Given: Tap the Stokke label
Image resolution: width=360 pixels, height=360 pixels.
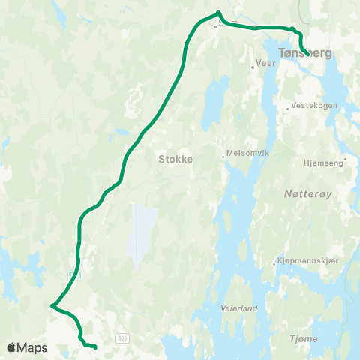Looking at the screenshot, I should pyautogui.click(x=175, y=159).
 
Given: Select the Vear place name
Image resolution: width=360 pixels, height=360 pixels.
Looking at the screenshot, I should pyautogui.click(x=266, y=64).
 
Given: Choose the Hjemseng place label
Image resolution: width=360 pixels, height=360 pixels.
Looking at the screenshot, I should pyautogui.click(x=322, y=160).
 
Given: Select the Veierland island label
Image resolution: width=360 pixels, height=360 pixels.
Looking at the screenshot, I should pyautogui.click(x=239, y=308).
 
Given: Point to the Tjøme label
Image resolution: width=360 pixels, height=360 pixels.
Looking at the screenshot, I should pyautogui.click(x=304, y=339).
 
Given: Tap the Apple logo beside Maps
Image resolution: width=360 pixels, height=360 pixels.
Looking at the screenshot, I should pyautogui.click(x=12, y=348).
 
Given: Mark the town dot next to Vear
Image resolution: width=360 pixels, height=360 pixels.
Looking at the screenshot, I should pyautogui.click(x=253, y=67).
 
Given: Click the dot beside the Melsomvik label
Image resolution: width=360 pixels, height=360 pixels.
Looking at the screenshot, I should pyautogui.click(x=223, y=157).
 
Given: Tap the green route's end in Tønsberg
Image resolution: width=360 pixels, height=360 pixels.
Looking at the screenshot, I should pyautogui.click(x=309, y=52).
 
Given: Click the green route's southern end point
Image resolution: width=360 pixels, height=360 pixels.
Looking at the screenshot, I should pyautogui.click(x=96, y=346).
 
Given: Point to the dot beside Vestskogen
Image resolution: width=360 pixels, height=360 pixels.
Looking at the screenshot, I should pyautogui.click(x=287, y=109).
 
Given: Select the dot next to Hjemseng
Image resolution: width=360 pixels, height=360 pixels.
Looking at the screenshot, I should pyautogui.click(x=345, y=160).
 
